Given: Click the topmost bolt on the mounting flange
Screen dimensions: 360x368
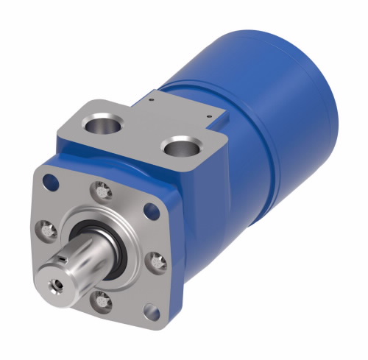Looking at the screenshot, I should (101, 191).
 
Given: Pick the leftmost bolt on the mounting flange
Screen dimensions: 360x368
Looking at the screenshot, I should (46, 230).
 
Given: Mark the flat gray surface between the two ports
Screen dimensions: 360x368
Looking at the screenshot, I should (144, 136).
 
